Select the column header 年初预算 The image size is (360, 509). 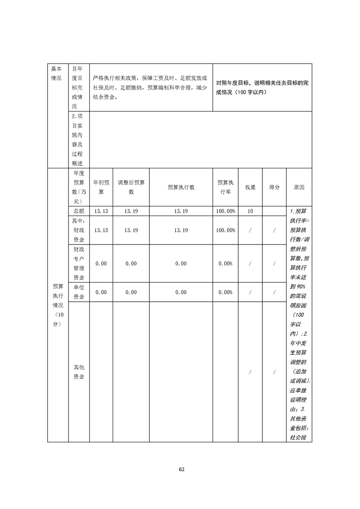tap(101, 187)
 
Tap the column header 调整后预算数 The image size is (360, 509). tap(131, 187)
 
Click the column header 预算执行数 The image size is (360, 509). tap(181, 187)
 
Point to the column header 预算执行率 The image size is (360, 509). tap(225, 187)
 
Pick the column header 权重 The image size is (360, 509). tap(250, 187)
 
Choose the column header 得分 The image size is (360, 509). tap(274, 187)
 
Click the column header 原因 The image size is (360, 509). tap(299, 187)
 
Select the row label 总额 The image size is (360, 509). tap(79, 211)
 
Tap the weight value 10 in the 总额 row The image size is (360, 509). tap(250, 211)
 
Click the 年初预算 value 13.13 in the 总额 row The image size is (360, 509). tap(101, 211)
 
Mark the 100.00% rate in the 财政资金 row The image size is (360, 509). tap(225, 230)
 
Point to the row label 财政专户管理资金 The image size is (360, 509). tap(79, 264)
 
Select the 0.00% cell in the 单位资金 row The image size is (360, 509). tap(225, 292)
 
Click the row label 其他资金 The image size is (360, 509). tap(79, 372)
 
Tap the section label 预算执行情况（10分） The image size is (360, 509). tap(58, 305)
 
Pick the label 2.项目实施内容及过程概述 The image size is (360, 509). tap(79, 140)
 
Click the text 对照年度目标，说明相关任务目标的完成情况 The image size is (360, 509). tap(262, 88)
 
